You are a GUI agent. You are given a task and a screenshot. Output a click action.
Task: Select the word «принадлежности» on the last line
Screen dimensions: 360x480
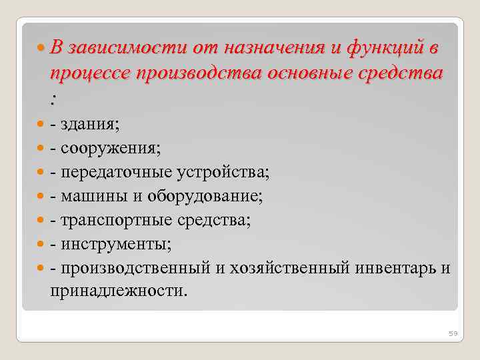point(117,291)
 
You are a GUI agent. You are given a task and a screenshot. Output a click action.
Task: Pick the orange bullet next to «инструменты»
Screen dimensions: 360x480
point(42,245)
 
